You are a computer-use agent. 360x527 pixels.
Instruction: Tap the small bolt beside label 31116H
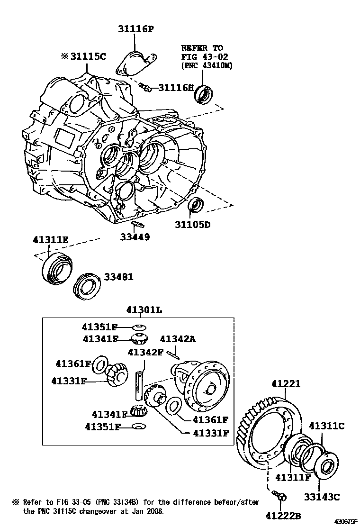pyautogui.click(x=145, y=86)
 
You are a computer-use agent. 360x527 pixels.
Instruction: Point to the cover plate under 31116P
pyautogui.click(x=135, y=64)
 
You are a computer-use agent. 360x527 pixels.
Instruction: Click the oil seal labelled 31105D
pyautogui.click(x=195, y=205)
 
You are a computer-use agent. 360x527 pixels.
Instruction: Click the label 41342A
pyautogui.click(x=178, y=339)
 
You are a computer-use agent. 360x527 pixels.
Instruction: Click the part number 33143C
pyautogui.click(x=322, y=497)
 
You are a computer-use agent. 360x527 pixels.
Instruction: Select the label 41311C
pyautogui.click(x=326, y=426)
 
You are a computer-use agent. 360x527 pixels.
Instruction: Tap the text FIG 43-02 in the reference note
pyautogui.click(x=202, y=57)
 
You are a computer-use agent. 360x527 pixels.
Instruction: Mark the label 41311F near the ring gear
pyautogui.click(x=293, y=477)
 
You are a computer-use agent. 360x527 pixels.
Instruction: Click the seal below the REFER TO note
pyautogui.click(x=204, y=94)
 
